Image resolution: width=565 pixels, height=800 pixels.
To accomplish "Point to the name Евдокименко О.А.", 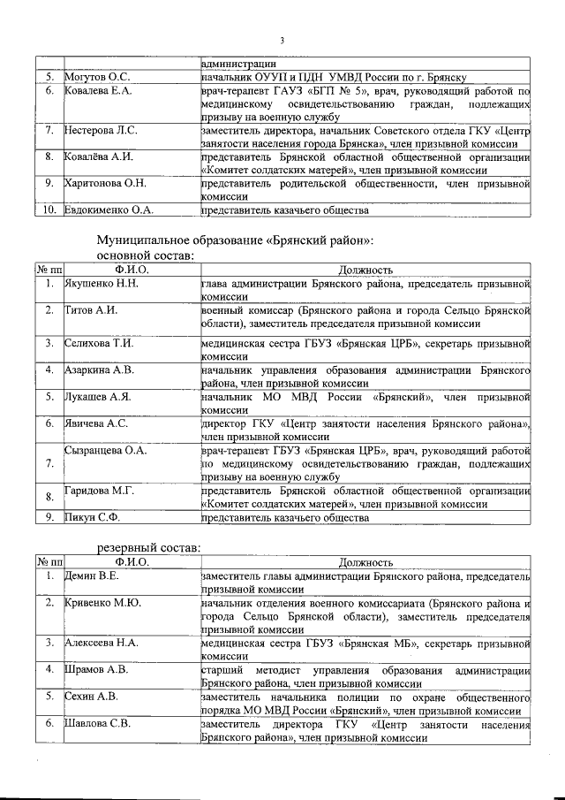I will (109, 210).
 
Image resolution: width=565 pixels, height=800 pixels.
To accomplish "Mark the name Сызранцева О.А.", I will (106, 450).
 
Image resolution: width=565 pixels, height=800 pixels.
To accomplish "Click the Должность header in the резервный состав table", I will (365, 561).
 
